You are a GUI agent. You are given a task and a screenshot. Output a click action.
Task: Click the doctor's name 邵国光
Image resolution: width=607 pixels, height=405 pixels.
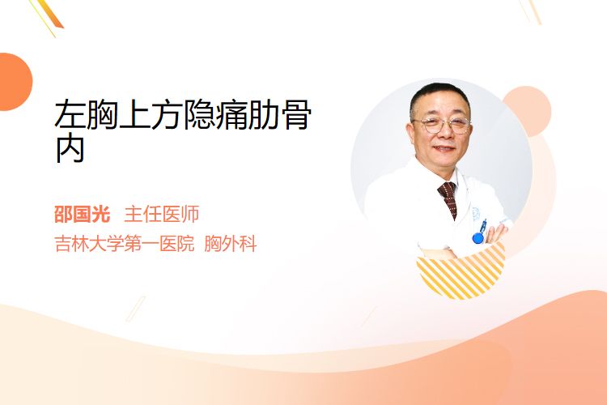coord(82,215)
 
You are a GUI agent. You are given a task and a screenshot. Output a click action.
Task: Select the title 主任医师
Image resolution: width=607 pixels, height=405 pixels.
coord(161,215)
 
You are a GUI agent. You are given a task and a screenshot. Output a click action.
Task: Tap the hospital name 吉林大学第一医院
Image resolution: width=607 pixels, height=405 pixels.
coord(125,244)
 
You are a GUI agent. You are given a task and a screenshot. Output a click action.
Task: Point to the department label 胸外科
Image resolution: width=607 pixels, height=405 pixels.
coord(231,244)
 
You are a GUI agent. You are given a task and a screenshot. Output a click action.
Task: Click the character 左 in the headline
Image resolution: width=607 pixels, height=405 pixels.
coord(70,115)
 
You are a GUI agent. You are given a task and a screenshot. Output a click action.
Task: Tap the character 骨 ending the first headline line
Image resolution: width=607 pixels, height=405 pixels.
coord(295,115)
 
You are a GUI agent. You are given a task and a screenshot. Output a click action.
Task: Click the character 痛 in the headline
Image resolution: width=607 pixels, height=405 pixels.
coord(231,115)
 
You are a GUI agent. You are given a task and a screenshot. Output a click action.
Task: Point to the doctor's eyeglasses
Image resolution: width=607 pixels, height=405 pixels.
coord(442,126)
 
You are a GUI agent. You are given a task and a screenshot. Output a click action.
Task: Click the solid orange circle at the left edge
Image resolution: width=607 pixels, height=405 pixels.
coord(15,82)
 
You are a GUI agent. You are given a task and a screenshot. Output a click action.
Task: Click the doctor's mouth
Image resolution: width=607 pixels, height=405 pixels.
coord(444,148)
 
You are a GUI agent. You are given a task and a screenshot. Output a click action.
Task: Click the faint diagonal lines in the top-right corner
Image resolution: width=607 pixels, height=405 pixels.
coord(530,11)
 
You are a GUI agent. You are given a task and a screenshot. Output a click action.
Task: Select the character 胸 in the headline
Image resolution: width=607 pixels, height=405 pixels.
coord(102,115)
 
